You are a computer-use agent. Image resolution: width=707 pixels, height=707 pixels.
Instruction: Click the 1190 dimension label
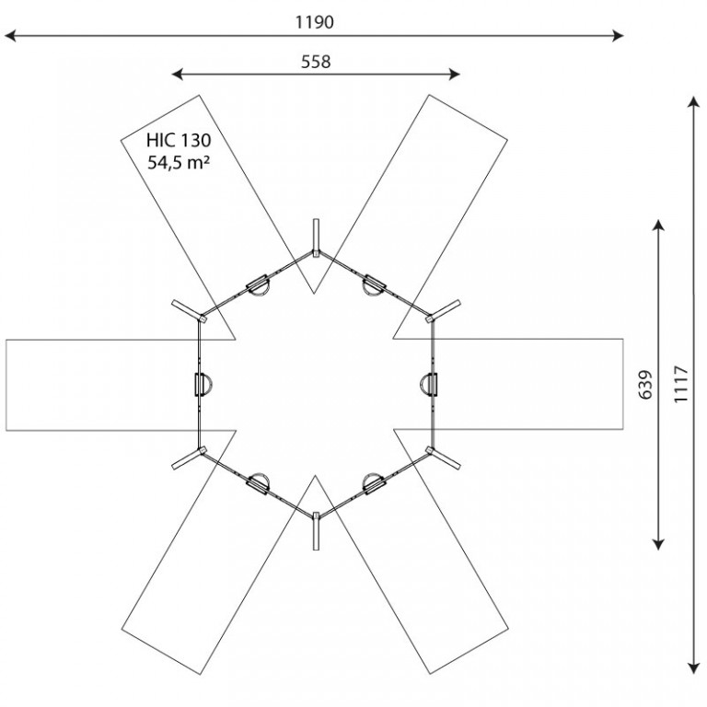click(314, 22)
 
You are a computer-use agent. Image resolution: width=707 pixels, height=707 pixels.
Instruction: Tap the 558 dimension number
click(316, 62)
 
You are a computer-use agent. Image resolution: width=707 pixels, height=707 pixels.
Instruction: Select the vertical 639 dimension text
click(645, 385)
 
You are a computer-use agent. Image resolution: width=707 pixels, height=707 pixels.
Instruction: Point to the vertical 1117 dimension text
click(681, 385)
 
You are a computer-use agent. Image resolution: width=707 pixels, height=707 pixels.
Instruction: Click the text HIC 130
click(179, 141)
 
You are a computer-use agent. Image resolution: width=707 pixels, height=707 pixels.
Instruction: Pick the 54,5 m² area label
click(179, 162)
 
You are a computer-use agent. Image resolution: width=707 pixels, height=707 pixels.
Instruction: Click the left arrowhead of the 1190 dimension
click(10, 36)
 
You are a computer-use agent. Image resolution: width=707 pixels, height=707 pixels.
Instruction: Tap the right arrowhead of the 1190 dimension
click(619, 36)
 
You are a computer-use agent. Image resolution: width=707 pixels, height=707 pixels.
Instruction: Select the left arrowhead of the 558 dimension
click(178, 74)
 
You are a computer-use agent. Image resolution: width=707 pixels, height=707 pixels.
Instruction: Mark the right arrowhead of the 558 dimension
click(455, 74)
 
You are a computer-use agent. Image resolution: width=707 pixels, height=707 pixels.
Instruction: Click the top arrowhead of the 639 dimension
click(659, 226)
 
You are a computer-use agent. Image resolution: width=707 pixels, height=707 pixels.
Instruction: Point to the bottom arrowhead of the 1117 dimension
click(694, 668)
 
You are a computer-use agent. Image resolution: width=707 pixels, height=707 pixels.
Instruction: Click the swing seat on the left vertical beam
click(203, 385)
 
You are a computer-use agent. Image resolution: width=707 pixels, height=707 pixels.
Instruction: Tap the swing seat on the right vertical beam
click(429, 385)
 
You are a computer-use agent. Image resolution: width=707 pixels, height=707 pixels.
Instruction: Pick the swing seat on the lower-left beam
click(259, 484)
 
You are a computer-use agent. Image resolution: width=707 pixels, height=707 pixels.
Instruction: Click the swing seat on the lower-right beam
click(374, 484)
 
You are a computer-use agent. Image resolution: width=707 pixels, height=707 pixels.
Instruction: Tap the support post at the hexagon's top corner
click(316, 238)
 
